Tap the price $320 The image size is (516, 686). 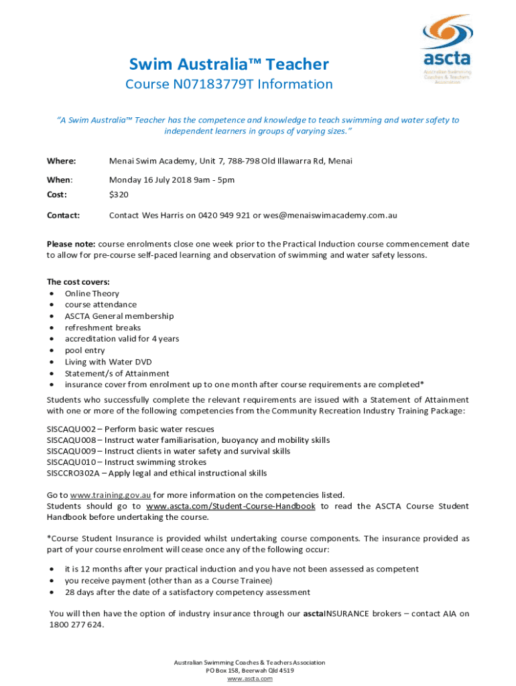point(119,194)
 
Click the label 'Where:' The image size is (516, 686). point(61,161)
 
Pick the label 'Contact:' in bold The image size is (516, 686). point(63,216)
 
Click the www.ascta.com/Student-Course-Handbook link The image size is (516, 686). point(231,506)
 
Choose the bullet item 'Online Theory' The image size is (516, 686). point(92,293)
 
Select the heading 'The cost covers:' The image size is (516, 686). point(78,282)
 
